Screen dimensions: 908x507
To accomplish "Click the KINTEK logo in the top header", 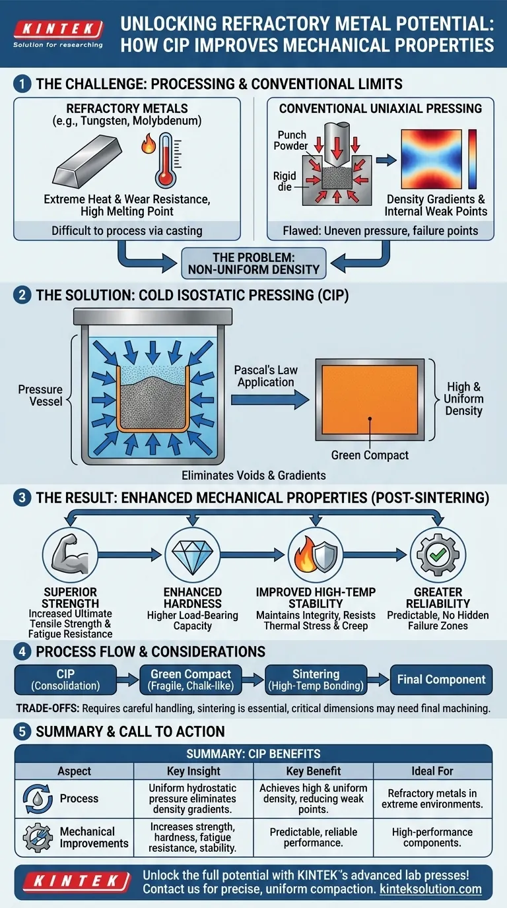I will coord(58,28).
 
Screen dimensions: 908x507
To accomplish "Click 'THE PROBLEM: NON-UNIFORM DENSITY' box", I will coord(253,262).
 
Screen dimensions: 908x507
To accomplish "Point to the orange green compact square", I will coord(370,400).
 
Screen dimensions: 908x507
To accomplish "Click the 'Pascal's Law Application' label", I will coord(263,375).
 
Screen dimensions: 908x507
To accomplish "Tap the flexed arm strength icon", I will coord(65,555).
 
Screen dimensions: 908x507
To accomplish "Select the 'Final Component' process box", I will coord(441,680).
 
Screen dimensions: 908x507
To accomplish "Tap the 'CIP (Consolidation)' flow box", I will coord(65,680).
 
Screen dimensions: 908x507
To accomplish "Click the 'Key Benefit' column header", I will coord(314,771).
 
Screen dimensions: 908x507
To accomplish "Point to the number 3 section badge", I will coord(22,498).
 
